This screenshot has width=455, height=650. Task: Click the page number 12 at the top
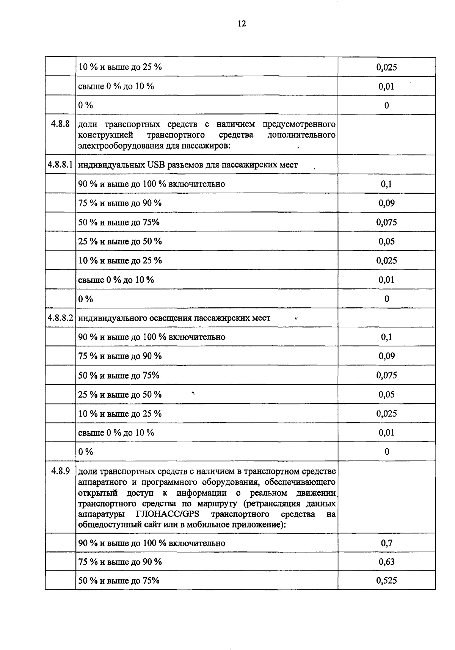click(x=242, y=24)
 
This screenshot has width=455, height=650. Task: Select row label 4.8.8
click(x=60, y=124)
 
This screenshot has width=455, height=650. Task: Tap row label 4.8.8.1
click(x=60, y=164)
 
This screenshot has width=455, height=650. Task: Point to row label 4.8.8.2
click(x=60, y=318)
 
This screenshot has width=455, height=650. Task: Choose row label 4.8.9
click(x=60, y=471)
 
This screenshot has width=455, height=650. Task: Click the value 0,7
click(x=386, y=543)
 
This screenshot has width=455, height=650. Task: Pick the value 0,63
click(x=386, y=562)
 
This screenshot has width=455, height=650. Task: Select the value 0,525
click(x=386, y=580)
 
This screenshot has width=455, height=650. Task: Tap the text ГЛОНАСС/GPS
click(x=167, y=514)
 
